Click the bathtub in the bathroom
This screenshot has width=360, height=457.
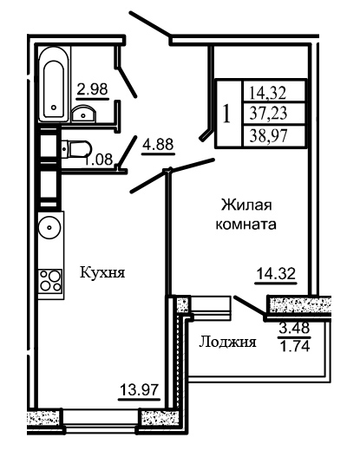pyautogui.click(x=55, y=84)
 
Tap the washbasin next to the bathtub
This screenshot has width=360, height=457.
pyautogui.click(x=83, y=114)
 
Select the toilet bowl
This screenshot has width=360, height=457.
pyautogui.click(x=76, y=149)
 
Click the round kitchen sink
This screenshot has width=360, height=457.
pyautogui.click(x=49, y=227)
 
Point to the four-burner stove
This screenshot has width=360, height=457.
pyautogui.click(x=51, y=281)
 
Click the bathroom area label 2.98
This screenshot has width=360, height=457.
pyautogui.click(x=92, y=89)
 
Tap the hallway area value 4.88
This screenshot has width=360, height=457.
pyautogui.click(x=158, y=144)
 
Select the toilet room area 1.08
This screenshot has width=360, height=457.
pyautogui.click(x=99, y=160)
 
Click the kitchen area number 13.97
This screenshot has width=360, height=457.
pyautogui.click(x=140, y=390)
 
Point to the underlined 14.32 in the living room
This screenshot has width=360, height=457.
pyautogui.click(x=276, y=274)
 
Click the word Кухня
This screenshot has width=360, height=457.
pyautogui.click(x=102, y=273)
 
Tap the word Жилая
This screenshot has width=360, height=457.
pyautogui.click(x=246, y=205)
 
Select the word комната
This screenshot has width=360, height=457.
pyautogui.click(x=246, y=225)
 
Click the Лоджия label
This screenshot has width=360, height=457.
pyautogui.click(x=227, y=342)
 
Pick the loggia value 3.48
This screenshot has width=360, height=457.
pyautogui.click(x=294, y=329)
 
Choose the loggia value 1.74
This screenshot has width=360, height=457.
pyautogui.click(x=295, y=346)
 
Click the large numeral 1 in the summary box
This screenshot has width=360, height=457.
pyautogui.click(x=226, y=114)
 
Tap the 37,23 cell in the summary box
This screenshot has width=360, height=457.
pyautogui.click(x=268, y=113)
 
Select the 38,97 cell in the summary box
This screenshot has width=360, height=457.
pyautogui.click(x=268, y=136)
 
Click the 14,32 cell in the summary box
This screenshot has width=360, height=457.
pyautogui.click(x=268, y=93)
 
